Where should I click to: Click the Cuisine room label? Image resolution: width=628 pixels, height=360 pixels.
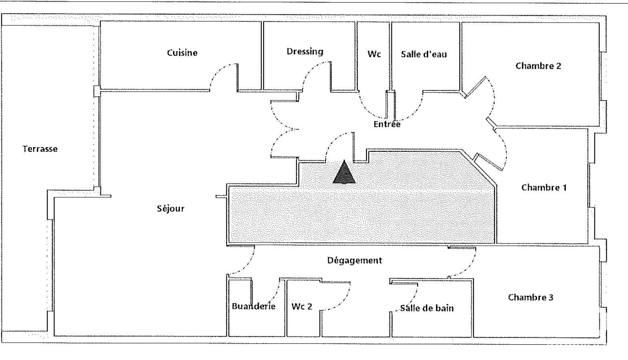click(x=182, y=53)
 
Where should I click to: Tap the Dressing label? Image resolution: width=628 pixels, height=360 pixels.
click(x=305, y=52)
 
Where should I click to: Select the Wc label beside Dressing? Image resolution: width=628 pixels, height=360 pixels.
click(x=374, y=54)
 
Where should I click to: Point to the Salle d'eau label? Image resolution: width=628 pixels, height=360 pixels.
click(x=424, y=54)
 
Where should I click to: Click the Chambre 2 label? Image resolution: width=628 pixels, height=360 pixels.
click(x=538, y=66)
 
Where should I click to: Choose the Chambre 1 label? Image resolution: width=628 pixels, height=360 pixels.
click(x=544, y=187)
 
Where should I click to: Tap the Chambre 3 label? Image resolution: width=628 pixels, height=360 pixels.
click(x=531, y=297)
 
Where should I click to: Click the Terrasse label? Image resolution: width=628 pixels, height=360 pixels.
click(x=40, y=149)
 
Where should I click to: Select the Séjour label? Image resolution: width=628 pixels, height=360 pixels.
click(x=171, y=208)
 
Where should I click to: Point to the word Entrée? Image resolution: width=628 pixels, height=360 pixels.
click(x=387, y=124)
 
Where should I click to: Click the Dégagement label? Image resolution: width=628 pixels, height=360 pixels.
click(x=354, y=260)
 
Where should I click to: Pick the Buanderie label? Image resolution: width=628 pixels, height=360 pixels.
click(x=253, y=306)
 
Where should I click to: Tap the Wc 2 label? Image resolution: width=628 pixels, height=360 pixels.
click(x=301, y=306)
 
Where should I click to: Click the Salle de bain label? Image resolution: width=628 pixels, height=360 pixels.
click(x=427, y=308)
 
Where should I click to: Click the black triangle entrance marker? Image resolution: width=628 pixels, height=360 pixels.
click(x=344, y=172)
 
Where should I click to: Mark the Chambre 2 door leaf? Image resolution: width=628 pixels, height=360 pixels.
click(x=475, y=87)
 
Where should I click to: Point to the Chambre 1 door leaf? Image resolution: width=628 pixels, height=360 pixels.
click(x=488, y=162)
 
